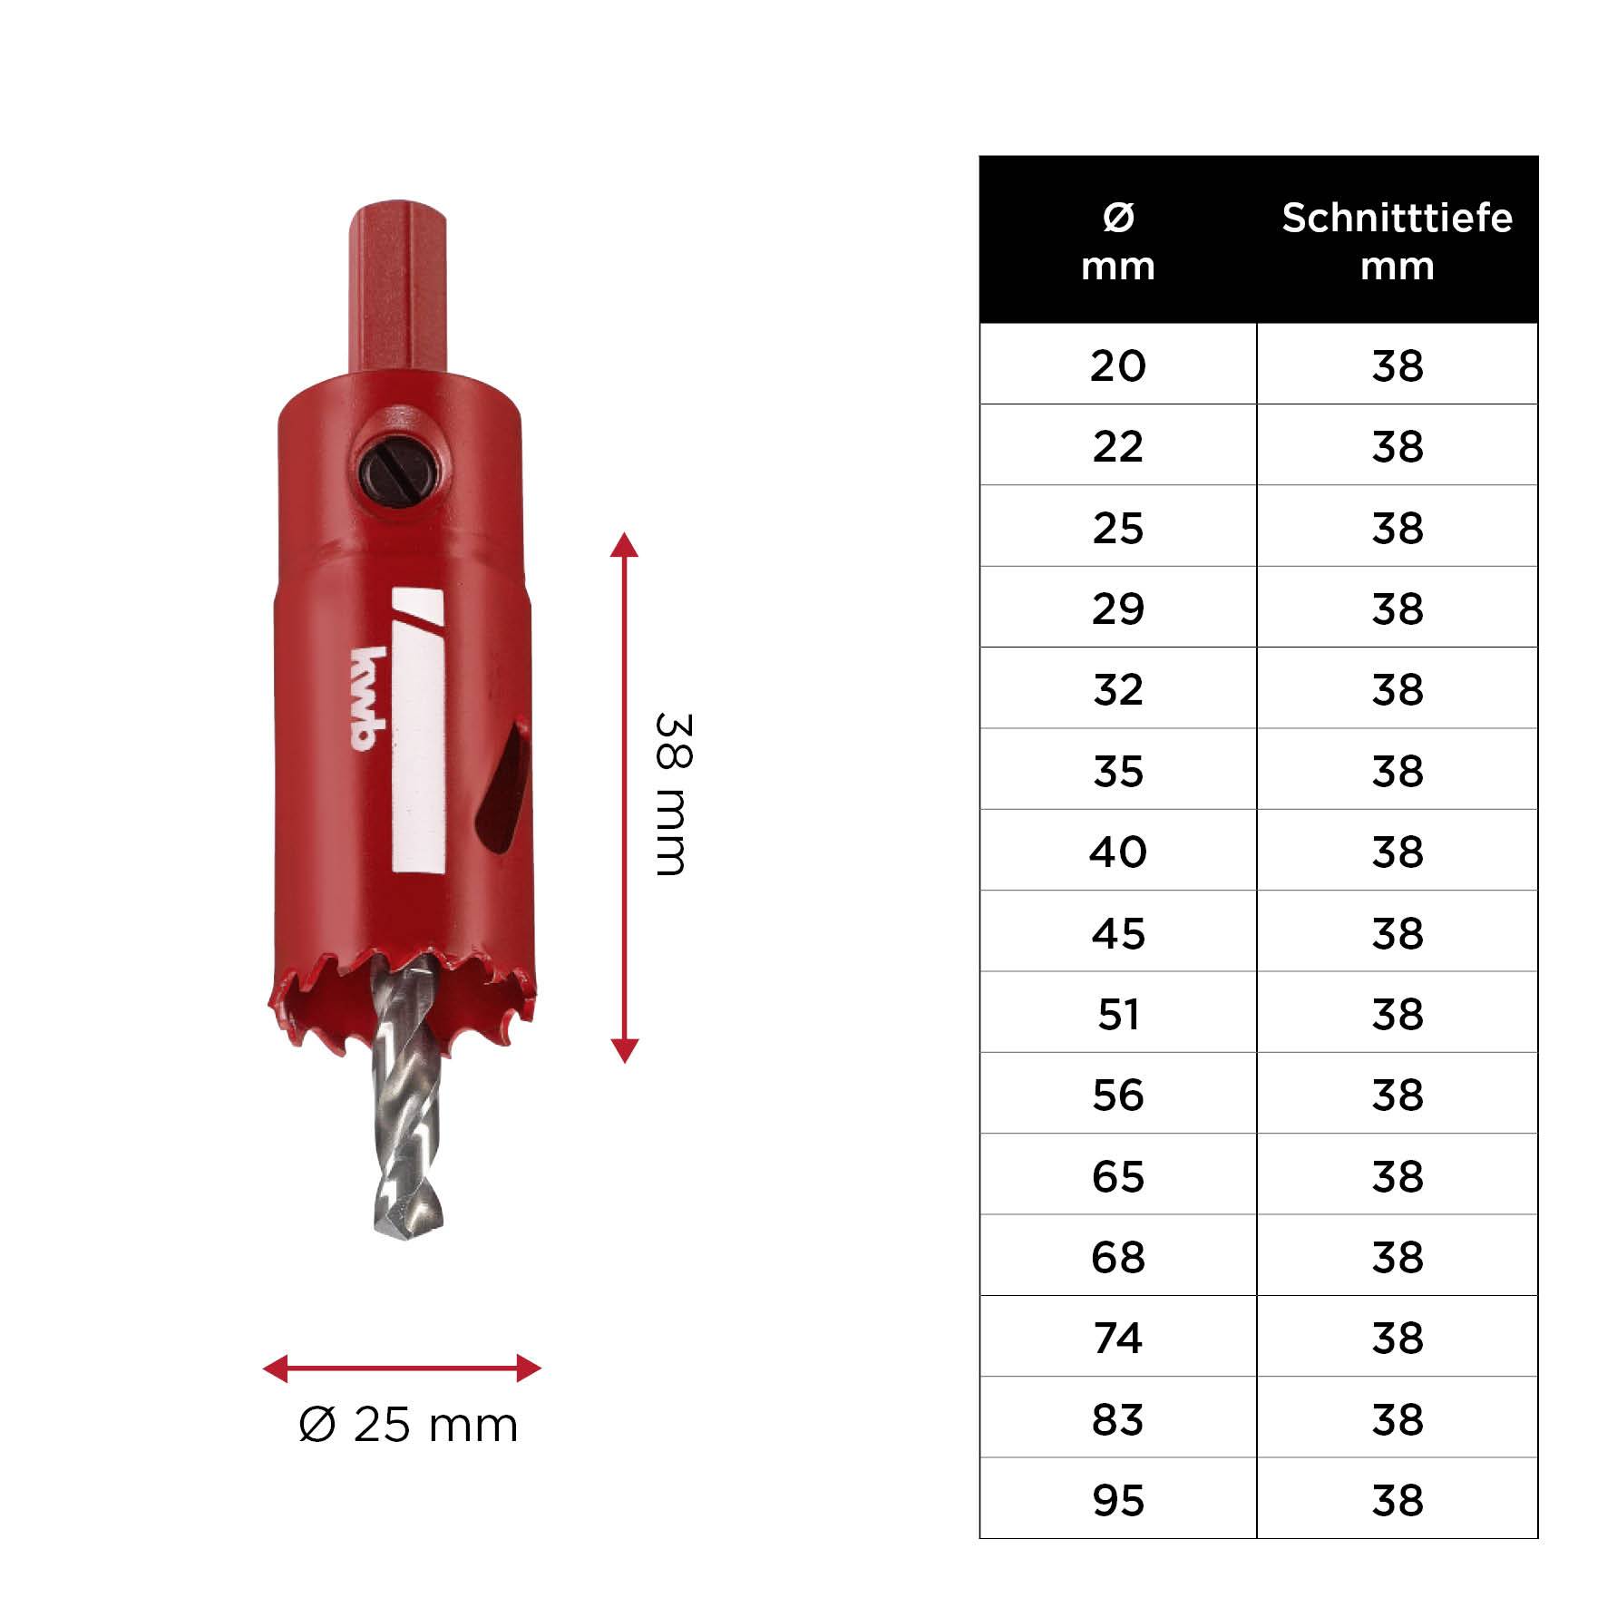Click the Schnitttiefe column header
(1397, 240)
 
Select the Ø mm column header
(1117, 240)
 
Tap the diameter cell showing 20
(1117, 365)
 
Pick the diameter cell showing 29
(1117, 608)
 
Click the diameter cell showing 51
(1117, 1013)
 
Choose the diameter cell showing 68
(1117, 1256)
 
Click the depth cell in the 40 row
(1397, 851)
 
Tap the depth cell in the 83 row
(1397, 1418)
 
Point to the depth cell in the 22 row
(1397, 445)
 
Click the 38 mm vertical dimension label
(673, 794)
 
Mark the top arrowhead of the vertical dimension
(624, 545)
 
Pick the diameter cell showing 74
(1117, 1338)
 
